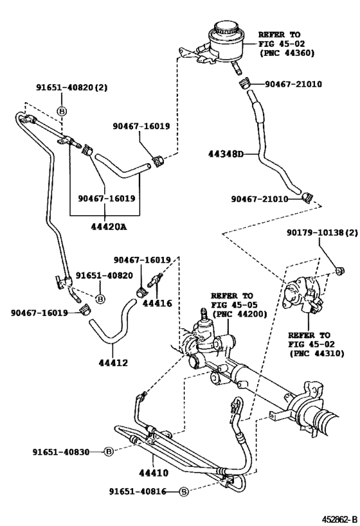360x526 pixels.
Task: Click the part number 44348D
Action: (225, 154)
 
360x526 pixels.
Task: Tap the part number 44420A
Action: (109, 227)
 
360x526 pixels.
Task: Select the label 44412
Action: (114, 363)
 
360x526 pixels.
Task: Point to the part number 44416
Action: (157, 303)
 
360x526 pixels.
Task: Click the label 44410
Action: (154, 473)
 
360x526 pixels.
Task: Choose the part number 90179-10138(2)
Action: (322, 232)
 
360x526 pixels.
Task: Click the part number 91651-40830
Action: (61, 452)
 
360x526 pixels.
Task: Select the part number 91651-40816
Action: (138, 491)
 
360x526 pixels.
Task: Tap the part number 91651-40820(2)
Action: (72, 87)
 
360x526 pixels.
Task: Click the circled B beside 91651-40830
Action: (109, 452)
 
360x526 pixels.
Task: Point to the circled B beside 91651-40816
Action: (184, 492)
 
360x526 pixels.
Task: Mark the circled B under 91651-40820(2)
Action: (62, 110)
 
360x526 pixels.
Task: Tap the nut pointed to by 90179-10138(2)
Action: (341, 270)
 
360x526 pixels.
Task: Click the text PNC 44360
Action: (289, 53)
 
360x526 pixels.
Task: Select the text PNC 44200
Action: (240, 314)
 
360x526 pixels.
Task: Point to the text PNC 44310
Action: (318, 353)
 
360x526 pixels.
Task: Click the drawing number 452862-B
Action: (339, 520)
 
